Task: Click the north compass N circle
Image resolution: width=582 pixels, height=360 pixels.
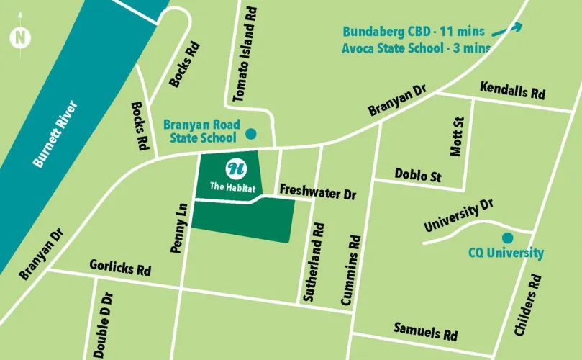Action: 20,37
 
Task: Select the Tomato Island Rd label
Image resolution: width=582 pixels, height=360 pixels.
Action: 242,56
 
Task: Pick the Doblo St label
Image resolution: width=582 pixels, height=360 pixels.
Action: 418,174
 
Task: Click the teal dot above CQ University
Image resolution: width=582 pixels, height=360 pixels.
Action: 507,238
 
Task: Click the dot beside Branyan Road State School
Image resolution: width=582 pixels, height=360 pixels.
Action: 250,133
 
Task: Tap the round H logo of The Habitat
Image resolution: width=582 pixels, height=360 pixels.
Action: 235,169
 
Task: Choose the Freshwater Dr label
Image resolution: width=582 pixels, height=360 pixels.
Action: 318,193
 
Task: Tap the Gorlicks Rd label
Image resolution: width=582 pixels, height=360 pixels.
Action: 120,268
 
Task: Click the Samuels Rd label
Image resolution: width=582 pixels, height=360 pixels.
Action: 425,331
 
